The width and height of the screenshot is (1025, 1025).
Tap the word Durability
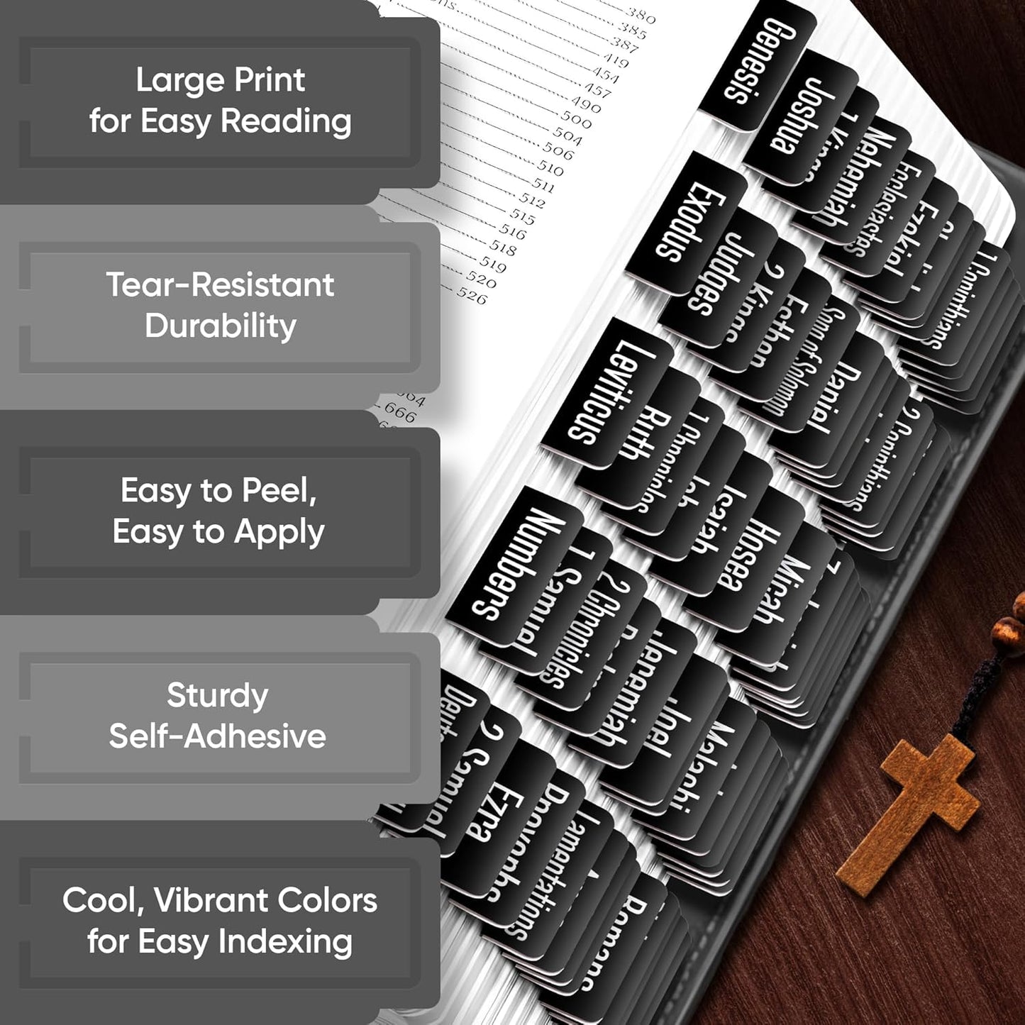click(x=221, y=326)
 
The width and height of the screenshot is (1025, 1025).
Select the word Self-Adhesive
click(x=217, y=736)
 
